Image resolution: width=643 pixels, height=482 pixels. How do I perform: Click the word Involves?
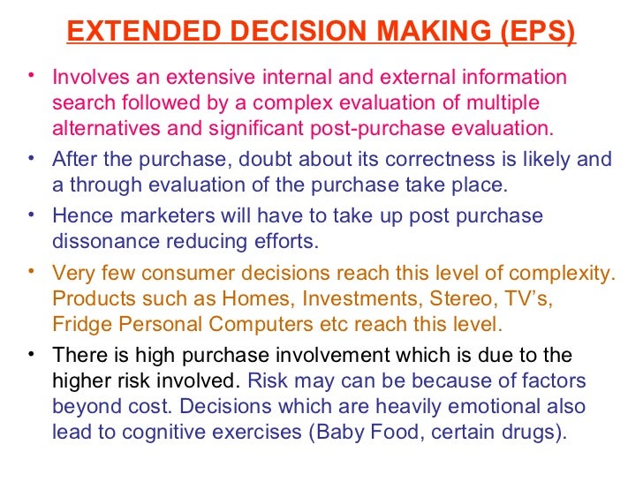pyautogui.click(x=88, y=79)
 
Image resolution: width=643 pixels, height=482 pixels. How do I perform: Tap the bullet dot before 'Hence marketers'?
pyautogui.click(x=31, y=214)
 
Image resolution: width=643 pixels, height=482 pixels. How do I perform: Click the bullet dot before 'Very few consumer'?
pyautogui.click(x=31, y=271)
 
